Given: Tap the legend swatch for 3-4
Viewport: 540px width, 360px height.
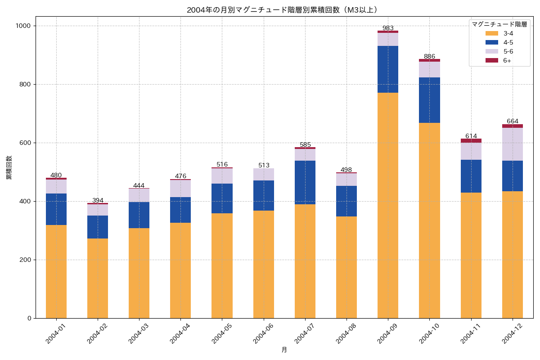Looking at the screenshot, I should coord(491,33).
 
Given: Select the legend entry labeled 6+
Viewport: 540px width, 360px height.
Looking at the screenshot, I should coord(507,61).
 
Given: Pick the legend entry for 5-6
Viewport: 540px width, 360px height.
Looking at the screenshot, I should coord(508,51).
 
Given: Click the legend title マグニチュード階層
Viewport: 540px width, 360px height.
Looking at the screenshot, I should coord(499,24).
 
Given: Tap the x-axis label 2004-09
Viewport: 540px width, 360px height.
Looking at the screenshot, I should coord(385,333).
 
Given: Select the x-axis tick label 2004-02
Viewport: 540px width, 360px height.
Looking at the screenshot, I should coord(95,333).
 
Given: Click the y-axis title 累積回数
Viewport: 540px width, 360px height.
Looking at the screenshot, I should coord(9,168).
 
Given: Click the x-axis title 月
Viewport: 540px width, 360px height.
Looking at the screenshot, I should coord(284,350).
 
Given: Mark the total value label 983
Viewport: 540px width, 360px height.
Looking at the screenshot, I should coord(388,28).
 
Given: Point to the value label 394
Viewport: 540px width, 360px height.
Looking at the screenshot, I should coord(98,200).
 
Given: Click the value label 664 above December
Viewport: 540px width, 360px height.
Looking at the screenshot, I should coord(513,121).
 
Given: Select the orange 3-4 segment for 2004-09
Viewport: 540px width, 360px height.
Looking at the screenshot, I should coord(388,205).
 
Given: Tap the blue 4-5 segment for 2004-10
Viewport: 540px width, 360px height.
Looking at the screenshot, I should coord(429,100).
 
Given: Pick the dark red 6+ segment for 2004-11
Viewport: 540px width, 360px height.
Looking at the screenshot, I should coord(471,140).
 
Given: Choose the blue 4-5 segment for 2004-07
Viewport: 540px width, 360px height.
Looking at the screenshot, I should coord(305,182).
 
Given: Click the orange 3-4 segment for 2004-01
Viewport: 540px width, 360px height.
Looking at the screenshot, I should coord(56,271).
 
